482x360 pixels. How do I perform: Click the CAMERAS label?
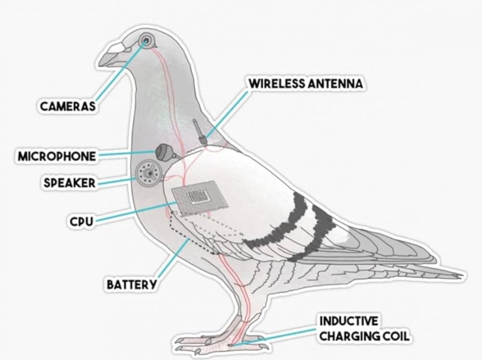tap(67, 107)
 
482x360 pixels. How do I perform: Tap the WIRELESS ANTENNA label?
tap(306, 83)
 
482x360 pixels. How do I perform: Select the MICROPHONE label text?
tap(57, 156)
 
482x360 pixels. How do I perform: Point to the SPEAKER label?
tap(69, 183)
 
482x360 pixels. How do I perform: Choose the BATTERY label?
tap(131, 285)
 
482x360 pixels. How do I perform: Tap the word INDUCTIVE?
tap(348, 321)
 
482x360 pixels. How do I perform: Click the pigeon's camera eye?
tap(146, 40)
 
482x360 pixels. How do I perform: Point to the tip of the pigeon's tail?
tap(463, 275)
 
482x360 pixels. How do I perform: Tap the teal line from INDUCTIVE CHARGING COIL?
tap(275, 337)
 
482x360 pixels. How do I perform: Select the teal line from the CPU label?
tap(135, 212)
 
